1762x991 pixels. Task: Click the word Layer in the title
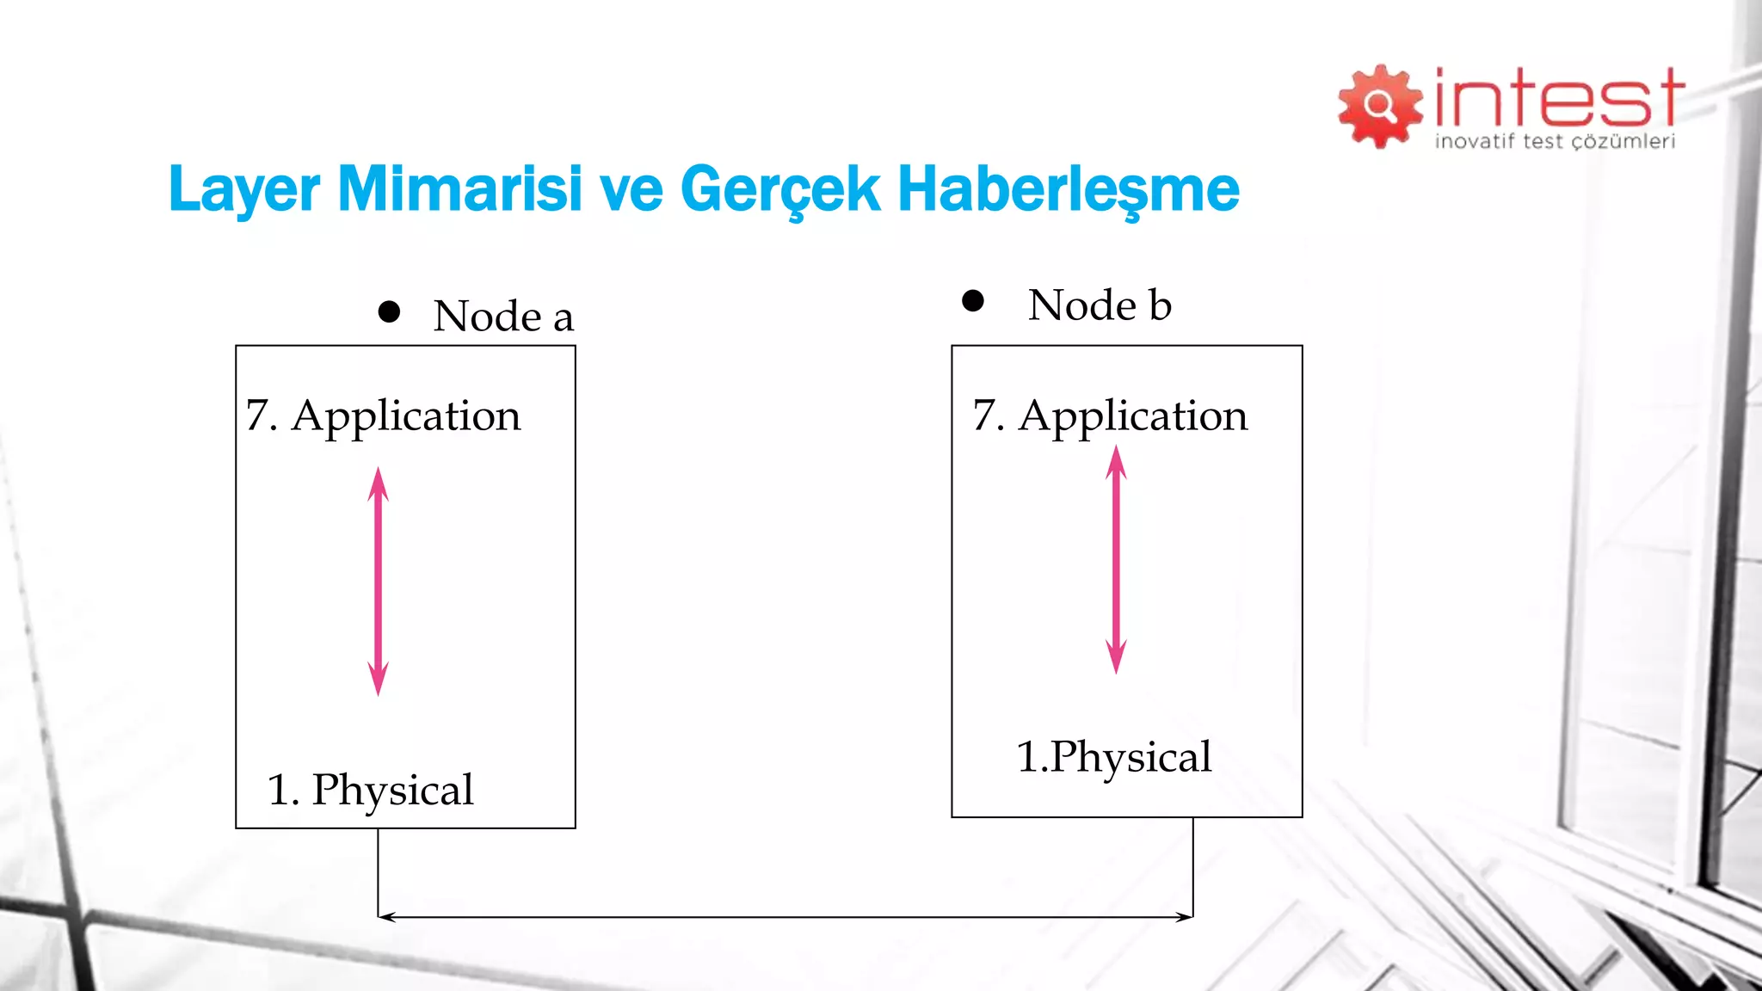tap(243, 189)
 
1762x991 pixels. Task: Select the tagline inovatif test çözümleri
tap(1555, 142)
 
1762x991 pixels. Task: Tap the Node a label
tap(503, 316)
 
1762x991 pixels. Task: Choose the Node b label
tap(1100, 305)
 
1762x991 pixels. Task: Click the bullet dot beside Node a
tap(389, 311)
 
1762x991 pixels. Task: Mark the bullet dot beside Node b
tap(973, 300)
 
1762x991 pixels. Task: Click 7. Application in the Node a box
tap(383, 415)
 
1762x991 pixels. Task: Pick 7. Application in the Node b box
tap(1110, 415)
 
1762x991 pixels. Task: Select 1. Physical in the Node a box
tap(370, 789)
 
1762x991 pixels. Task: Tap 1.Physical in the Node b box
tap(1114, 757)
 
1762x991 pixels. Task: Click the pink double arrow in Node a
tap(378, 581)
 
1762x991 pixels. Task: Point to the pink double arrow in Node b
tap(1116, 559)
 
